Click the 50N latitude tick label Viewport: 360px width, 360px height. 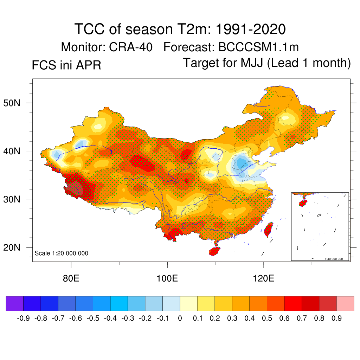point(15,103)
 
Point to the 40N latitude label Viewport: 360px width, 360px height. point(15,151)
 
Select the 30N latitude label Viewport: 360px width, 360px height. point(15,199)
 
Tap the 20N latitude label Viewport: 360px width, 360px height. point(15,247)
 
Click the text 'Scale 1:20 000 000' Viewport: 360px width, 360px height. point(62,253)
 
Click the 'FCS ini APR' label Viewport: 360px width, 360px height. point(66,65)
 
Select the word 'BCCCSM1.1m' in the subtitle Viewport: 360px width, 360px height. point(258,47)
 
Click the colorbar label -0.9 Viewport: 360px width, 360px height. point(23,319)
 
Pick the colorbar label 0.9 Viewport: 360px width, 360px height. point(337,319)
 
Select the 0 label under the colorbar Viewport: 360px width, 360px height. point(180,319)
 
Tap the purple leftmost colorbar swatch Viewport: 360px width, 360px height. point(15,303)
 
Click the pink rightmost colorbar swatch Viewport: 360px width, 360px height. point(345,303)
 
